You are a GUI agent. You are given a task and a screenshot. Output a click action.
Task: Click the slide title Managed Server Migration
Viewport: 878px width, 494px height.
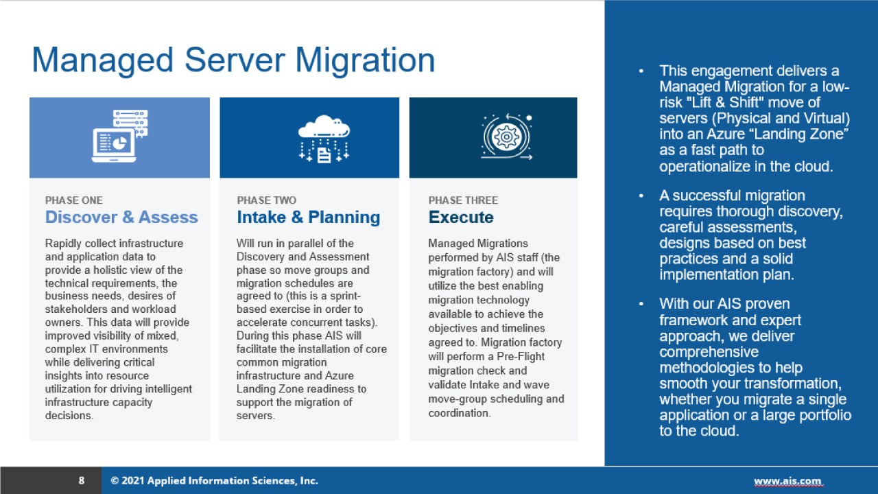point(233,60)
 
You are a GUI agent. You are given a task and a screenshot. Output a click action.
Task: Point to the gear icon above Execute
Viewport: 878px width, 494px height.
point(507,137)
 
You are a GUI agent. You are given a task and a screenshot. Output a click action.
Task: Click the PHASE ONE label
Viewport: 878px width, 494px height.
point(74,200)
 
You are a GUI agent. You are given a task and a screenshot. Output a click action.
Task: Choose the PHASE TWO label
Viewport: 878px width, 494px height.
point(267,200)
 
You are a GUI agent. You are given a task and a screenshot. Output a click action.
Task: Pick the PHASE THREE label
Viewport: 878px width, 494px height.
point(463,200)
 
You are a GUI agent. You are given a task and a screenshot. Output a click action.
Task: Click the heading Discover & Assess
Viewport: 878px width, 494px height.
point(121,217)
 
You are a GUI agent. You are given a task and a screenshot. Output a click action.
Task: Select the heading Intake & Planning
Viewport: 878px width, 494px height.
point(308,217)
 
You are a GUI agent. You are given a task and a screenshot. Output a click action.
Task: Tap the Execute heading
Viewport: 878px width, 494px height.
point(461,217)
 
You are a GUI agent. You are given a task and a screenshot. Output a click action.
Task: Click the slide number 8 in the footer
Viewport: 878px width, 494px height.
point(82,481)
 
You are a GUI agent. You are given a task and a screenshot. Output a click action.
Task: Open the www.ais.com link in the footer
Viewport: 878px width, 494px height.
point(787,481)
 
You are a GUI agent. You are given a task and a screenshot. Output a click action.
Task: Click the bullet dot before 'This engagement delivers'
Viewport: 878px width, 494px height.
point(641,71)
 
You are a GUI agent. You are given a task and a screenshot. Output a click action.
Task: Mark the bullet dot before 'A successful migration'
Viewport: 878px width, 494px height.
point(641,196)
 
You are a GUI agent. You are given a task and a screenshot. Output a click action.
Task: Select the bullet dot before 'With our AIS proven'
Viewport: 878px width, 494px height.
point(641,304)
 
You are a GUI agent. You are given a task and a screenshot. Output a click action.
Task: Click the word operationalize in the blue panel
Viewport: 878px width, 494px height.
point(707,166)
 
